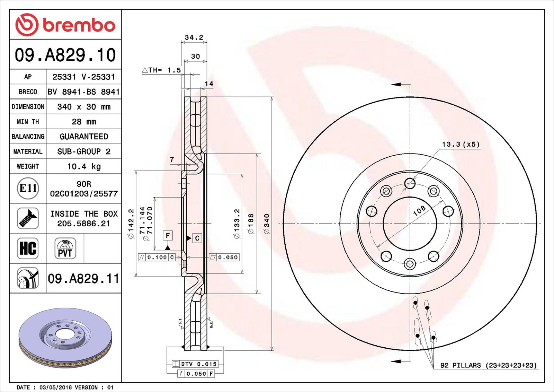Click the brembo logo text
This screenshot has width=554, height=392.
(79, 25)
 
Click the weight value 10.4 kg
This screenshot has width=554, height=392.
(84, 166)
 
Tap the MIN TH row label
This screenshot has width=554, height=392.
(28, 122)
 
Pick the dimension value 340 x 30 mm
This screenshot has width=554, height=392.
(84, 107)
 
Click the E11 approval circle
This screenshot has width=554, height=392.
(28, 188)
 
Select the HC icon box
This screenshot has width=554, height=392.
(28, 248)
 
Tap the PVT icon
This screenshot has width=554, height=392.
(65, 248)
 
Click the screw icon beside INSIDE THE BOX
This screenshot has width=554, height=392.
(28, 218)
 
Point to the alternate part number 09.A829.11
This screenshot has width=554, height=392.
(83, 278)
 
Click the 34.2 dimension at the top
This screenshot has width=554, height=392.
(194, 37)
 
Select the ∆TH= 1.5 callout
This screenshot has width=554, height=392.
(162, 70)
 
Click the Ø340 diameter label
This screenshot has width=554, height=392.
(267, 224)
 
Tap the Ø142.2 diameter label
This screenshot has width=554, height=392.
(131, 224)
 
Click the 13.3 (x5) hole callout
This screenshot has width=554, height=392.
(461, 144)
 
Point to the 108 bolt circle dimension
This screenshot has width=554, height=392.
(419, 210)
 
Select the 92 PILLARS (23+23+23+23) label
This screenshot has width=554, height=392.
(488, 365)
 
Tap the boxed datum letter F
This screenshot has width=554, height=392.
(168, 236)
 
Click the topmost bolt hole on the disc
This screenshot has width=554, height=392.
(410, 183)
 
